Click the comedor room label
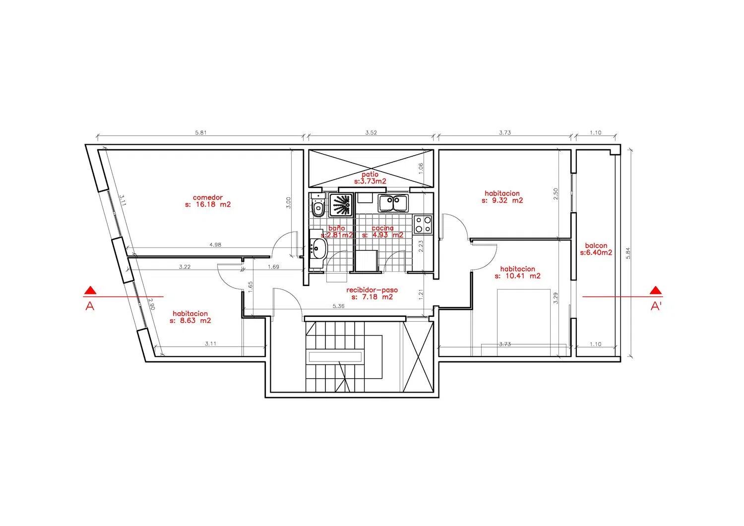pyautogui.click(x=208, y=197)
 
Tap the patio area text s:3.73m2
pyautogui.click(x=370, y=181)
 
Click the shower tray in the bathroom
pyautogui.click(x=340, y=205)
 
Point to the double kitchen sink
pyautogui.click(x=393, y=203)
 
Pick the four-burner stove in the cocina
pyautogui.click(x=423, y=225)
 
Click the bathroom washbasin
pyautogui.click(x=318, y=248)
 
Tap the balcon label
pyautogui.click(x=596, y=245)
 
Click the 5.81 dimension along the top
pyautogui.click(x=200, y=132)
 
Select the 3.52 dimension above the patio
pyautogui.click(x=371, y=132)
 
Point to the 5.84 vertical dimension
pyautogui.click(x=628, y=253)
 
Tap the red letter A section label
pyautogui.click(x=90, y=306)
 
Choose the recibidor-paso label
pyautogui.click(x=372, y=290)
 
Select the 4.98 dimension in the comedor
pyautogui.click(x=215, y=245)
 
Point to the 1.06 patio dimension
pyautogui.click(x=421, y=168)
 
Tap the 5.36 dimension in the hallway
pyautogui.click(x=338, y=306)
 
